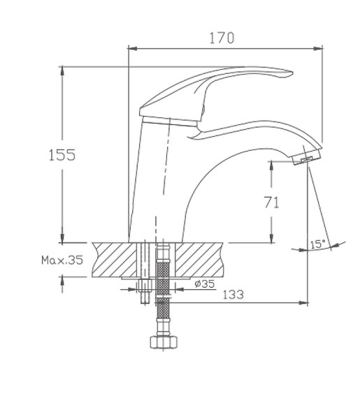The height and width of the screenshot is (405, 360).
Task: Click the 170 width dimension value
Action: click(222, 38)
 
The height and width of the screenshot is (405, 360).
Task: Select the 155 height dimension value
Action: click(62, 155)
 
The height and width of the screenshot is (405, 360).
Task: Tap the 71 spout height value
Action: click(271, 203)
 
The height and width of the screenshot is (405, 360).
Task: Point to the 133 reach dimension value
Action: click(233, 295)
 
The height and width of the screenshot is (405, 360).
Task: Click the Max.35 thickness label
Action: click(62, 260)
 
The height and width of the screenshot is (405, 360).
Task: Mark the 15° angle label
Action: click(318, 244)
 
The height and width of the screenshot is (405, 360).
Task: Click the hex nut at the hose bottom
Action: click(164, 342)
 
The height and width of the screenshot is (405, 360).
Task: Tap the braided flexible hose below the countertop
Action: click(164, 293)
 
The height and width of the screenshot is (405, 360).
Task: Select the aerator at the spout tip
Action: click(305, 161)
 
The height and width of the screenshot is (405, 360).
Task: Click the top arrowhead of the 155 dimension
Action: click(62, 70)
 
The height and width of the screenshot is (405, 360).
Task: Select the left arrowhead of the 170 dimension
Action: click(131, 48)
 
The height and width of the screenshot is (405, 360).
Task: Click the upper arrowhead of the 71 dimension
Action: click(272, 163)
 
